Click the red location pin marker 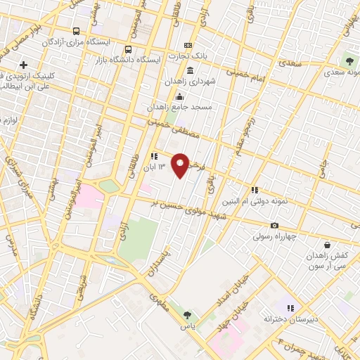click(x=181, y=165)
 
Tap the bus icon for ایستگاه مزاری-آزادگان click(x=77, y=31)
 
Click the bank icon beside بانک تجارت click(x=188, y=44)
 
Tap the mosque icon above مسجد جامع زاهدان click(x=180, y=97)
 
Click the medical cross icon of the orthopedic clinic click(x=24, y=65)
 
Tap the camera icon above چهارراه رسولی click(x=274, y=225)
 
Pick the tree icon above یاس click(x=187, y=315)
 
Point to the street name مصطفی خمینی click(x=176, y=130)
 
